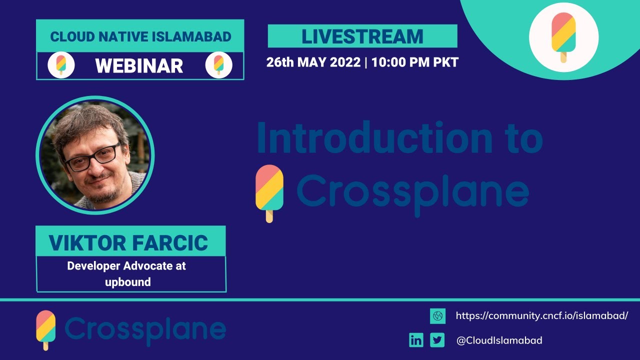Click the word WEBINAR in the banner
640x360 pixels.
click(139, 65)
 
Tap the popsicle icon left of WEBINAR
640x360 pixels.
click(61, 65)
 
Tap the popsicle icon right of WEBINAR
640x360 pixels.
click(218, 65)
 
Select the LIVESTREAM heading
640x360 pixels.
click(362, 36)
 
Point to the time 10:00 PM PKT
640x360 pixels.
click(415, 62)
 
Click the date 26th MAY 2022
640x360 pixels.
click(313, 62)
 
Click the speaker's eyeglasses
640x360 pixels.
click(93, 156)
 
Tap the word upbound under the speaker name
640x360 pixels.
click(127, 282)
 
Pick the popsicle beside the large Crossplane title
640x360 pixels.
click(269, 192)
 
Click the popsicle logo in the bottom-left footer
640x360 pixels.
click(45, 329)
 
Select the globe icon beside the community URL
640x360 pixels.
click(437, 316)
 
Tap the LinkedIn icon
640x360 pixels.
click(416, 340)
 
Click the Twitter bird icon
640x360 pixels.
click(437, 340)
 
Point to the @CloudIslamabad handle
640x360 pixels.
click(499, 340)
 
